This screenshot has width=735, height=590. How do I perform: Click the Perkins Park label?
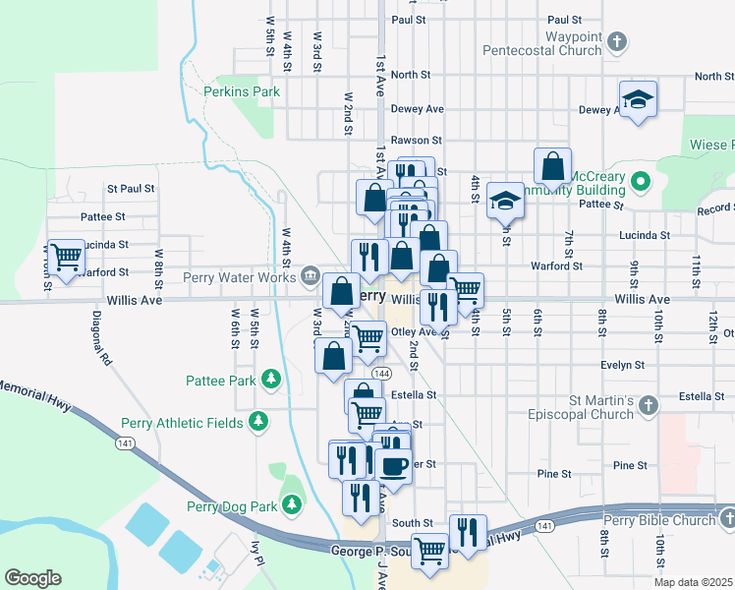(x=241, y=91)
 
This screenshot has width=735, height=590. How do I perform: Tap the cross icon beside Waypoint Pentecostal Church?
(x=616, y=41)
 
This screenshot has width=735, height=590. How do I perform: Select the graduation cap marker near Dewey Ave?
(x=638, y=98)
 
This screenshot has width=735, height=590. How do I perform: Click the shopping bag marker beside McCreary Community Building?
(x=553, y=166)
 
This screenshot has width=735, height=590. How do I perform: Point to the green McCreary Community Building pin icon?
(x=641, y=181)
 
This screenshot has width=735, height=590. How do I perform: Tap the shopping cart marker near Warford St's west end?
(x=66, y=259)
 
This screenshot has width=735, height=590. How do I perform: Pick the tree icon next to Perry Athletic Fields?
(x=257, y=422)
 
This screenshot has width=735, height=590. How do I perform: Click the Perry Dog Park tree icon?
(x=291, y=504)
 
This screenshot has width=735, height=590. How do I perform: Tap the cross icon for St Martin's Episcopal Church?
(x=648, y=403)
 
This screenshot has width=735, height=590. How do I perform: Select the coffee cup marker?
(x=393, y=465)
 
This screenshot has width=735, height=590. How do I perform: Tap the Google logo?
(x=32, y=577)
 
